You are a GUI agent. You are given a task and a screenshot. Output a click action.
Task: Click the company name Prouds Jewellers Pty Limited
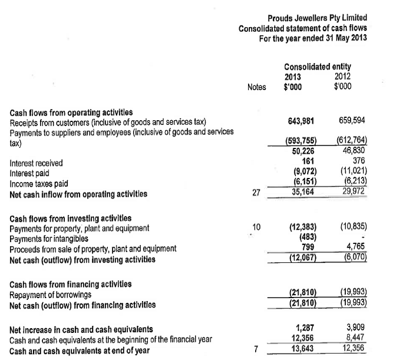pos(317,18)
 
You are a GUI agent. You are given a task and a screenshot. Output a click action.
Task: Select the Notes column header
pos(257,87)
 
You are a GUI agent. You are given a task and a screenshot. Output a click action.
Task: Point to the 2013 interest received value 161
pos(306,160)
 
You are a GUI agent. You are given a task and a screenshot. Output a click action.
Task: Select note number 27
pos(256,192)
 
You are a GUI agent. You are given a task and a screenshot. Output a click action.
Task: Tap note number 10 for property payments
pos(256,226)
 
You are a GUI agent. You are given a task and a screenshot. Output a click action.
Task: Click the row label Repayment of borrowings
pos(51,294)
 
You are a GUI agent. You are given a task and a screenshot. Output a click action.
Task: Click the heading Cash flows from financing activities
pos(71,284)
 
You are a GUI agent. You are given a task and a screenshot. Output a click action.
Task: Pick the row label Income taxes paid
pos(39,183)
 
